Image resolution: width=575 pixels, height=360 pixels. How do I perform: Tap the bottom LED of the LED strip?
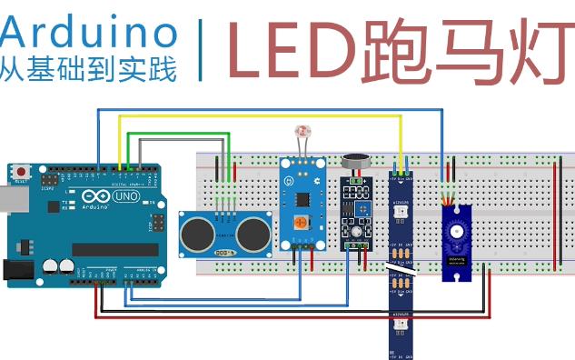[399, 325]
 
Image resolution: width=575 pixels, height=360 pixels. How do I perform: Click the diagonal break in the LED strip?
[400, 270]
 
